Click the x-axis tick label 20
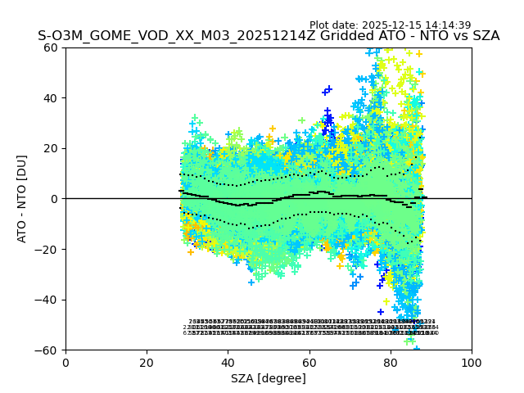pos(147,363)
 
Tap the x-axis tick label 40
pos(228,363)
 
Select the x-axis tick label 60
pos(309,363)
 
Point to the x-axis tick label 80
pos(390,363)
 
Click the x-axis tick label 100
pos(472,363)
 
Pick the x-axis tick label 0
pos(65,363)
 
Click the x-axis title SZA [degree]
pos(268,378)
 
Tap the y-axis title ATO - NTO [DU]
pos(22,199)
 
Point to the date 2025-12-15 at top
pos(400,25)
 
